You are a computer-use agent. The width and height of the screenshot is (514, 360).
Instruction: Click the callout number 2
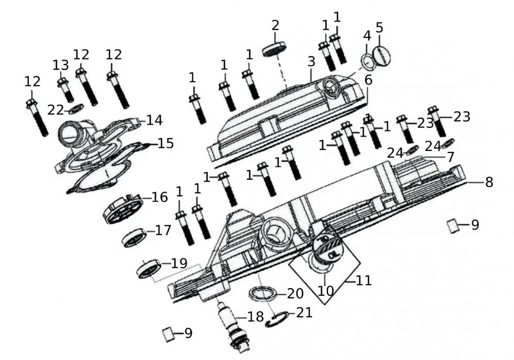pos(276,25)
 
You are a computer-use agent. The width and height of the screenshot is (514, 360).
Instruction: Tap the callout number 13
pos(60,65)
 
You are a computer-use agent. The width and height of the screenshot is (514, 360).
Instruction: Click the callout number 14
pos(154,120)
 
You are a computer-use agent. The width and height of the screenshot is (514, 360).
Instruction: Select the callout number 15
pos(165,143)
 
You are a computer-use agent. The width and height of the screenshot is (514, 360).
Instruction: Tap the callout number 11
pos(363,281)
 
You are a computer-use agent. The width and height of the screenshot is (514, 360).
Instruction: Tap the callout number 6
pos(368,80)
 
